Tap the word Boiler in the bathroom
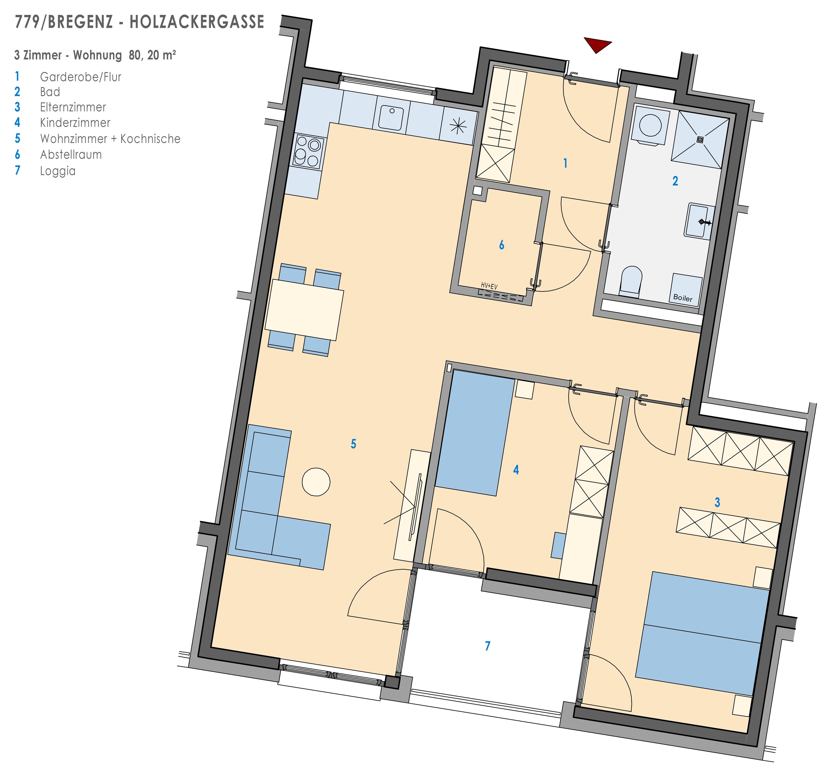click(683, 298)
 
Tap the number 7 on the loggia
click(488, 646)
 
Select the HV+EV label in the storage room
click(489, 286)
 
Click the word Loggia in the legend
click(58, 171)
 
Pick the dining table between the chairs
click(304, 310)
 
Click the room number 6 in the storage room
click(502, 245)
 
